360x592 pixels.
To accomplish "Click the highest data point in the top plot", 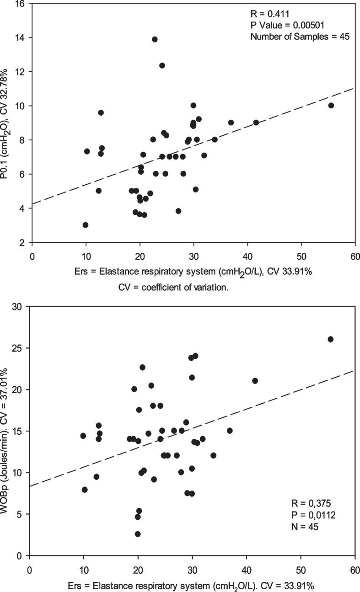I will point(155,39).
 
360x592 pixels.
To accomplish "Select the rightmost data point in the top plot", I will point(331,106).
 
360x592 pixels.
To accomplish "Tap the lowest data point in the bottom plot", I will point(138,534).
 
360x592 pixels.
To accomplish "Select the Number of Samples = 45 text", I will point(300,37).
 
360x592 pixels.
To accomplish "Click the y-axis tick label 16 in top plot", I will point(21,4).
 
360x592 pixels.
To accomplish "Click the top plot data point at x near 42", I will point(256,123).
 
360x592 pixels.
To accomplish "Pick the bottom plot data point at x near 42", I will point(255,381).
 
